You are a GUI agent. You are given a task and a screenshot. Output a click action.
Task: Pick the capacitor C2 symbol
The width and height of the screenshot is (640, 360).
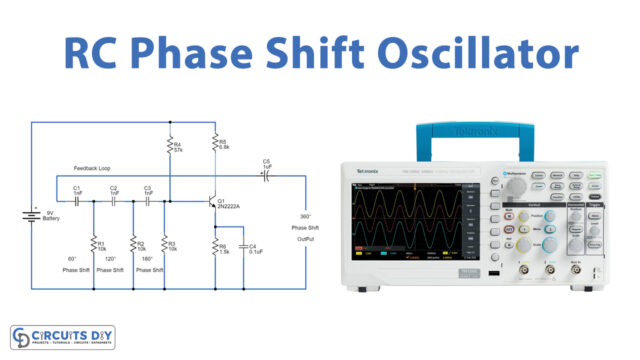115,200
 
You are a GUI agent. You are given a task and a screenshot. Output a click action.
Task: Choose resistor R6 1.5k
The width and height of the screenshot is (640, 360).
212,245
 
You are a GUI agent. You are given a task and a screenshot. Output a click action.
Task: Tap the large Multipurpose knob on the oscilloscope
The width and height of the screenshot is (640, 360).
515,186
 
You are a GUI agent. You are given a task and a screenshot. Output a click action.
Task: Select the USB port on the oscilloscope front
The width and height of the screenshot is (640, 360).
492,270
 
